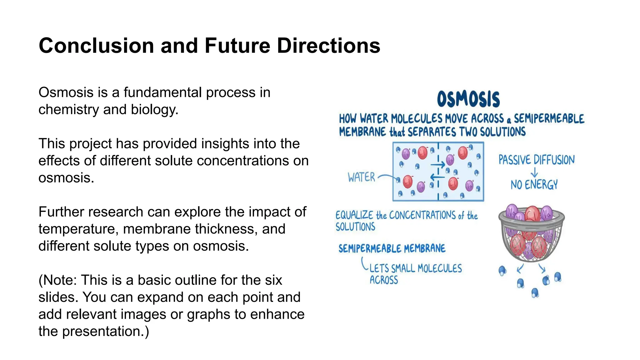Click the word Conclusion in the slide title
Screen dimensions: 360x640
point(96,46)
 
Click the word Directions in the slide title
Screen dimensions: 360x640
point(328,46)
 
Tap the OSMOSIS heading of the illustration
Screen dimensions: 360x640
point(468,99)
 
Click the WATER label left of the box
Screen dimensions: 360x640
point(361,177)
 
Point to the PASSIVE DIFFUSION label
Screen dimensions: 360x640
point(536,160)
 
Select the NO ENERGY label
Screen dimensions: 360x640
point(534,185)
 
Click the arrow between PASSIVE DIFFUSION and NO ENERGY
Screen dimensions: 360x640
point(534,172)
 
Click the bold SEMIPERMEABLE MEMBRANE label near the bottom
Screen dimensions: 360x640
point(392,249)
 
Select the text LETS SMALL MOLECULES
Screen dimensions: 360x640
point(416,268)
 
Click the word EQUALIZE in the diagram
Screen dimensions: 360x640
point(354,215)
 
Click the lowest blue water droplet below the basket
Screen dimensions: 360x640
point(535,293)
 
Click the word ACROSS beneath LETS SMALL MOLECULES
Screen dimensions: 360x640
point(384,280)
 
